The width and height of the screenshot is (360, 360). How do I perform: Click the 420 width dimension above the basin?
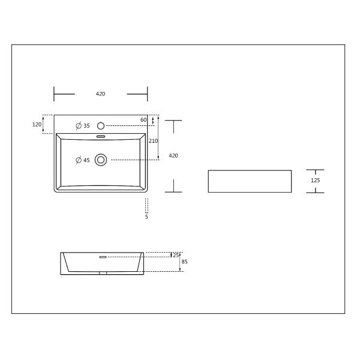pyautogui.click(x=100, y=94)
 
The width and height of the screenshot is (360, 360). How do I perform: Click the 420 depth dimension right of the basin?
pyautogui.click(x=173, y=155)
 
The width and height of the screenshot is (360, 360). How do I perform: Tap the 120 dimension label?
pyautogui.click(x=37, y=124)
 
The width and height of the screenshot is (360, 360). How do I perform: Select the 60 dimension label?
pyautogui.click(x=143, y=120)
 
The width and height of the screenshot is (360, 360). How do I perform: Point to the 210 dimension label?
pyautogui.click(x=153, y=141)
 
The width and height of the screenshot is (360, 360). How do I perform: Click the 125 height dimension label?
pyautogui.click(x=315, y=181)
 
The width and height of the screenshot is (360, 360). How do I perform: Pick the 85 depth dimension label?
pyautogui.click(x=184, y=262)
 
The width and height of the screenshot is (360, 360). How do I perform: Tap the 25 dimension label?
pyautogui.click(x=176, y=255)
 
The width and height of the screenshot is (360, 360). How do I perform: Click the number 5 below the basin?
pyautogui.click(x=146, y=217)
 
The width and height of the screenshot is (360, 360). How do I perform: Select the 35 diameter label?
pyautogui.click(x=86, y=126)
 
